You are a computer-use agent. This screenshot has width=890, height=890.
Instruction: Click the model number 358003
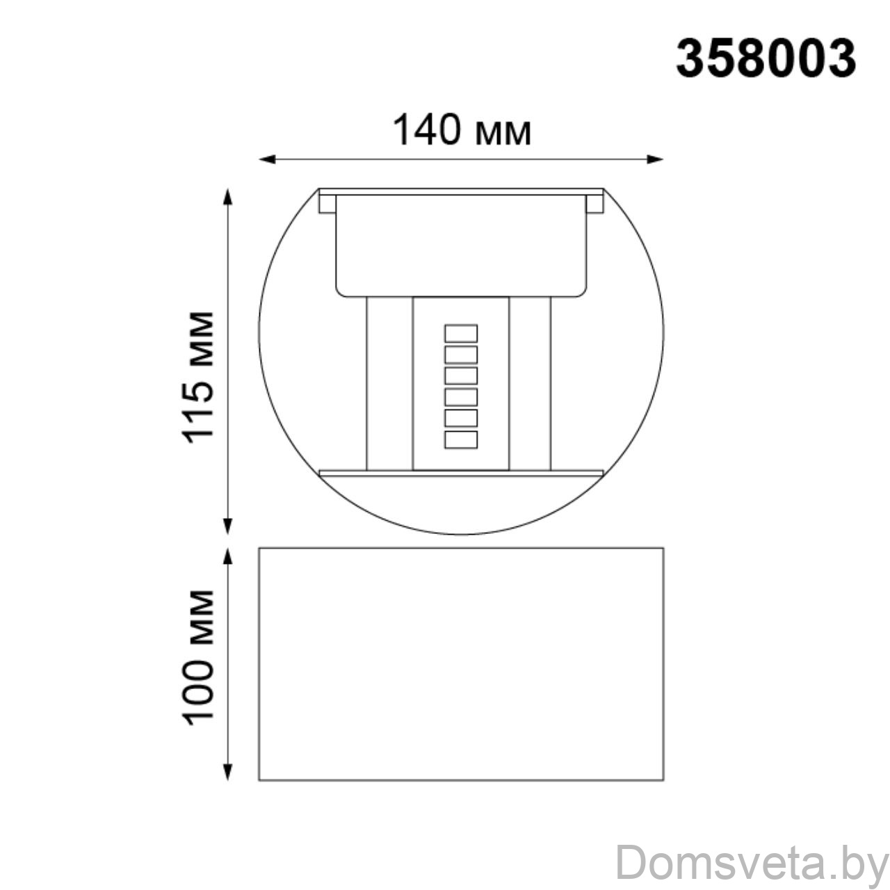pos(766,58)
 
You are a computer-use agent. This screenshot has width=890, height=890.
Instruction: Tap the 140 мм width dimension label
pos(462,130)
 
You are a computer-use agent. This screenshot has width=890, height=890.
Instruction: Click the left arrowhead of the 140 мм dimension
pos(267,159)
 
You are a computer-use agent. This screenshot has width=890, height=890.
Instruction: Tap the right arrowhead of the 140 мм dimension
pos(655,159)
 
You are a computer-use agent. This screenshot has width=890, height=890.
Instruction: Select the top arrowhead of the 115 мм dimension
pos(227,197)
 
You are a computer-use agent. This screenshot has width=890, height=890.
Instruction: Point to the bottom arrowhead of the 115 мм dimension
pos(227,526)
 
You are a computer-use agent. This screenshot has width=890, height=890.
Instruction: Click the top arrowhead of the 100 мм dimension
pos(227,556)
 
